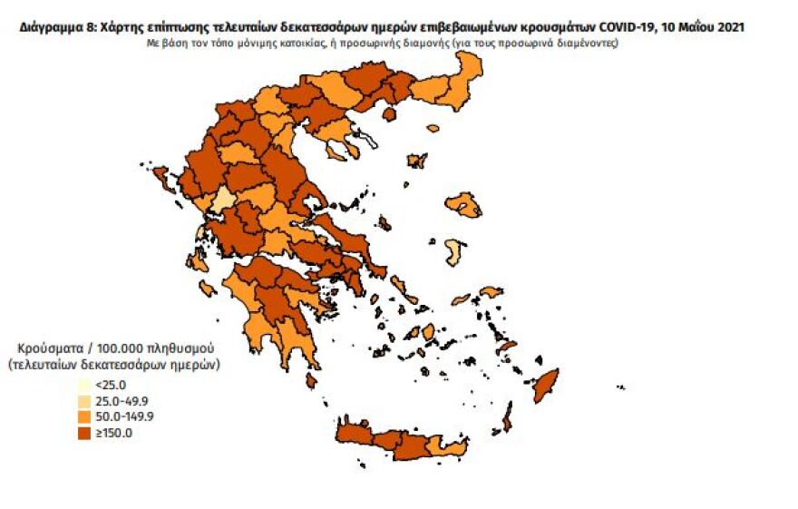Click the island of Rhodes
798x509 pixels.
[545, 385]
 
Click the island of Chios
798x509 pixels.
[455, 251]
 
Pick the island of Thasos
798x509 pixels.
[391, 114]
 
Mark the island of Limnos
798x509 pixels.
[417, 161]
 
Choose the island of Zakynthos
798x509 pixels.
[206, 289]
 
